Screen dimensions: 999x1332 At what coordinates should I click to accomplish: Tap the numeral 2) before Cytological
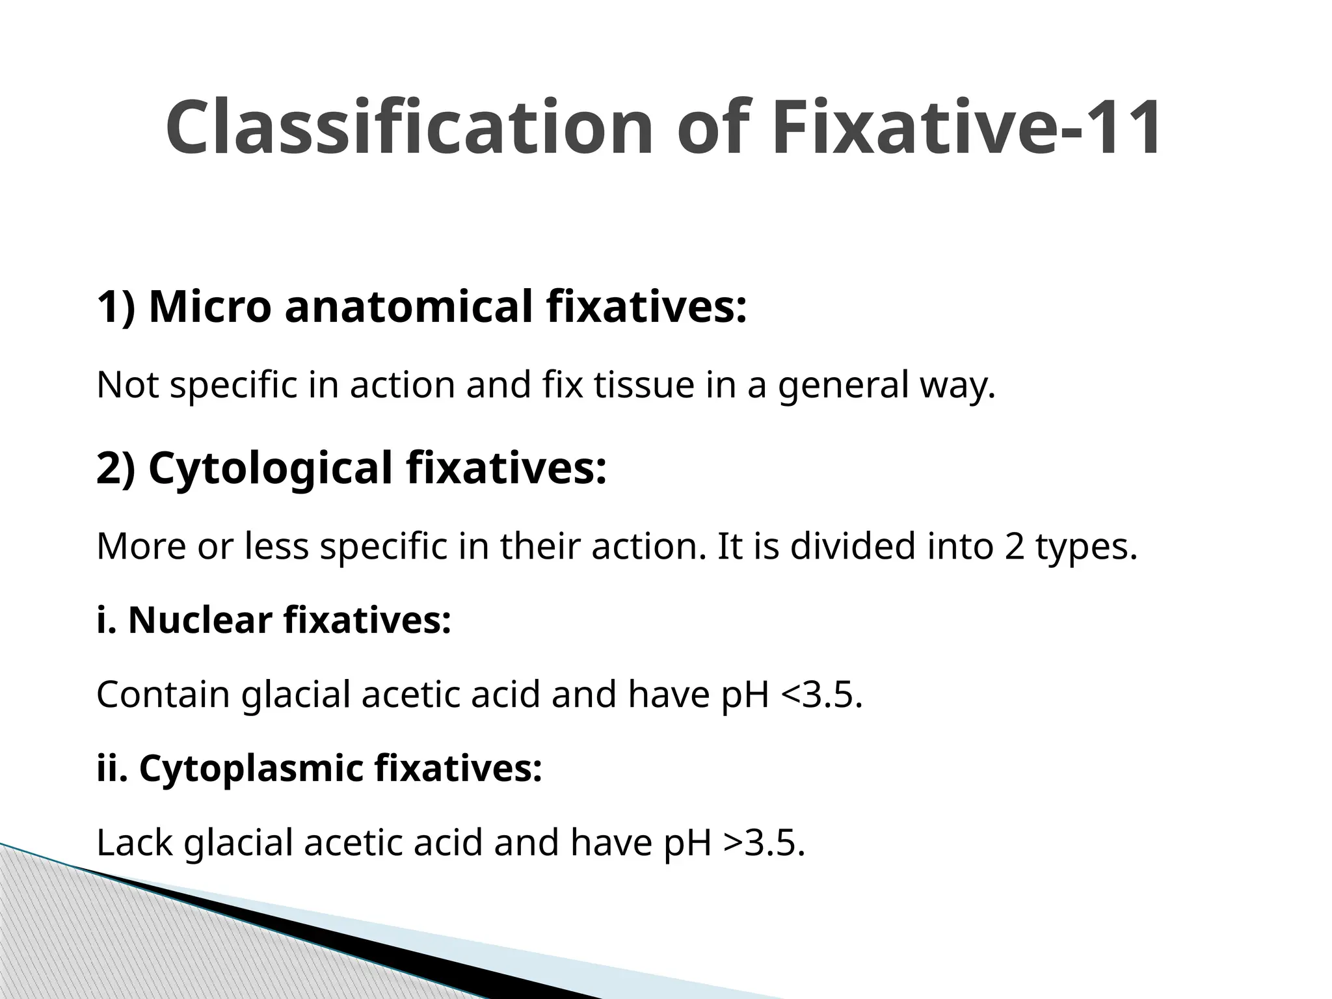[116, 468]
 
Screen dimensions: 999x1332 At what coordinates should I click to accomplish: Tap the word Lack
[134, 842]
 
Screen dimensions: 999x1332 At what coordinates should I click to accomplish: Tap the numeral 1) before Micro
[116, 306]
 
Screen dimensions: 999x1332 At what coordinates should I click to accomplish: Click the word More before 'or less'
[139, 546]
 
